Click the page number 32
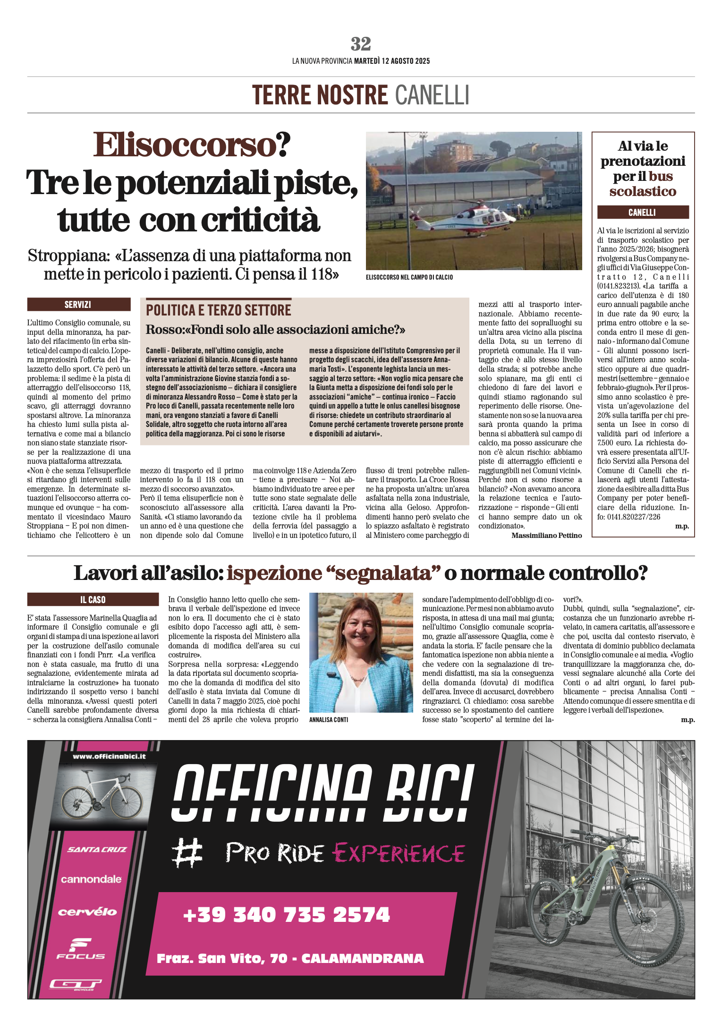pos(361,44)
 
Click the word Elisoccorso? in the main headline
pos(192,145)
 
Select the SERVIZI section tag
pos(78,305)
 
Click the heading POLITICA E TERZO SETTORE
pos(219,310)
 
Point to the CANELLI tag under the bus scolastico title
pos(642,213)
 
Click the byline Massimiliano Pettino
pos(546,536)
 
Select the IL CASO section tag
pos(93,600)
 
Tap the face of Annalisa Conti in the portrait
pos(360,632)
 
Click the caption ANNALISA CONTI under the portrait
pos(329,720)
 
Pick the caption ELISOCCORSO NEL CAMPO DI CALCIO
pos(409,277)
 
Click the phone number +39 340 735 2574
pos(287,915)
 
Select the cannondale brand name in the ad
pos(91,879)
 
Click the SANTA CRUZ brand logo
pos(97,849)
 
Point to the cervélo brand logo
pos(87,912)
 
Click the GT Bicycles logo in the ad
pos(76,984)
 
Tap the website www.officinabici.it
pos(109,756)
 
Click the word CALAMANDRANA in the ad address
pos(362,958)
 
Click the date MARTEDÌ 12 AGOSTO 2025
pos(392,61)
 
